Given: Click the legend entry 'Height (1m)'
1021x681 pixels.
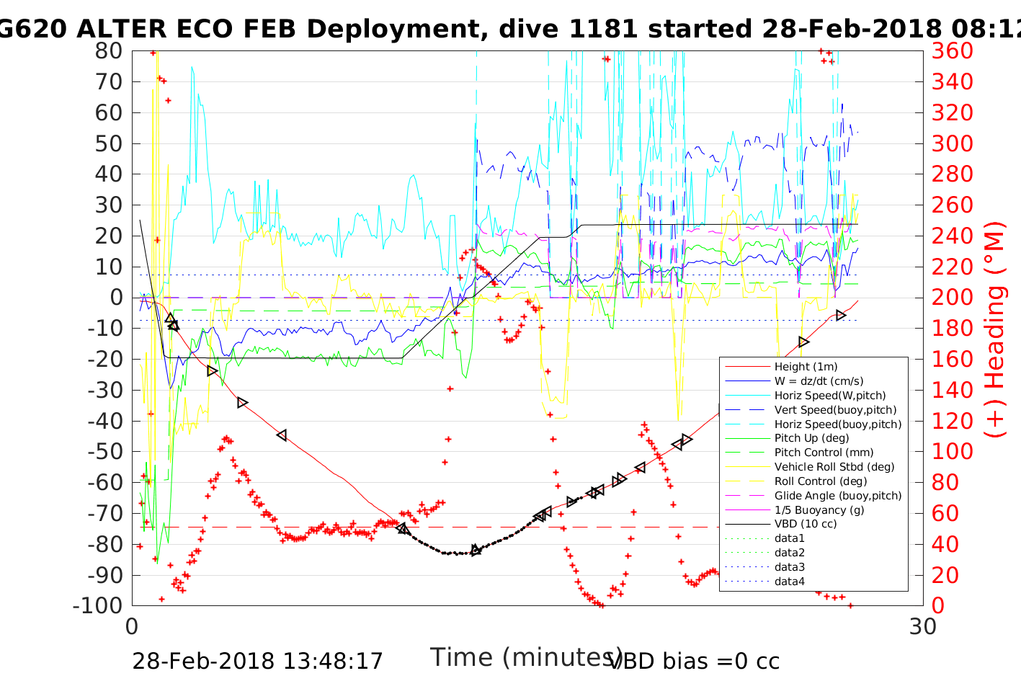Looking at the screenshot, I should tap(806, 367).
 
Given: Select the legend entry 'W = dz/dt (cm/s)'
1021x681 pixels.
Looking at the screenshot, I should tap(819, 381).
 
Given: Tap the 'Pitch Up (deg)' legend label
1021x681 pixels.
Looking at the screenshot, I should tap(811, 438).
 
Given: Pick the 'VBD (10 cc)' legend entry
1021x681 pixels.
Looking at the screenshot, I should tap(806, 524).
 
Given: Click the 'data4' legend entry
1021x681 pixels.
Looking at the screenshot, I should tap(790, 582).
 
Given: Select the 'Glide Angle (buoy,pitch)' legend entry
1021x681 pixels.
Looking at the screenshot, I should tap(838, 496).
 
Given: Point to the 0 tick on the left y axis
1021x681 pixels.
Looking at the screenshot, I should tap(116, 298).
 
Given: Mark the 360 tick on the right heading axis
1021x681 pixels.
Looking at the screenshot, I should tap(952, 51).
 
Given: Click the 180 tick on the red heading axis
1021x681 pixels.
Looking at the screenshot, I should tap(952, 329).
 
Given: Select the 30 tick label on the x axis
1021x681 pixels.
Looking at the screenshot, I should tap(922, 626).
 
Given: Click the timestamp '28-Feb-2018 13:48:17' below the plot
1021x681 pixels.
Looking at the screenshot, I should tap(257, 661).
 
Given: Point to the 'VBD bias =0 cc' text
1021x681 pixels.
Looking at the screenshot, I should tap(694, 661).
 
